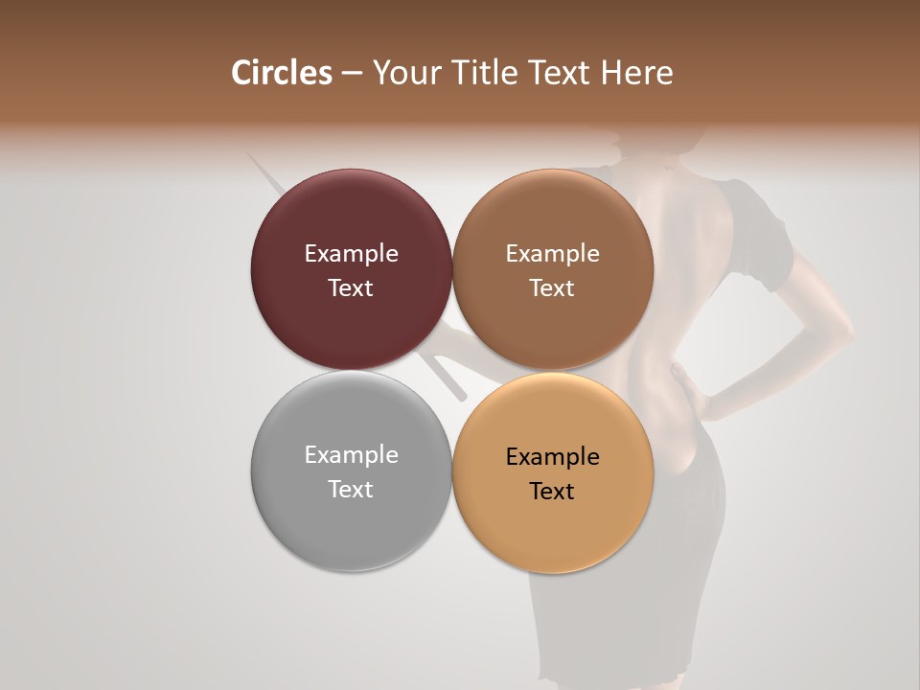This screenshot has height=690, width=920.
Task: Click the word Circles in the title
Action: pyautogui.click(x=282, y=73)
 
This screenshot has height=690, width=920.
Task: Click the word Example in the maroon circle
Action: pyautogui.click(x=351, y=253)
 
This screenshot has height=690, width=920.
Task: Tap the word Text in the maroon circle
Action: pyautogui.click(x=351, y=288)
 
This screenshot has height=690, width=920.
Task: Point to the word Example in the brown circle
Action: pyautogui.click(x=552, y=253)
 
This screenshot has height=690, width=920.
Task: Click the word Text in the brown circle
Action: pyautogui.click(x=552, y=288)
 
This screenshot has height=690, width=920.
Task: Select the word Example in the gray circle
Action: pyautogui.click(x=351, y=454)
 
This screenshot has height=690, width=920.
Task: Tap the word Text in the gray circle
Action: pyautogui.click(x=351, y=490)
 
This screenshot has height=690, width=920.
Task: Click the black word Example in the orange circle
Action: pyautogui.click(x=552, y=456)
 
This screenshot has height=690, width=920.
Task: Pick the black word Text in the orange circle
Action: pyautogui.click(x=552, y=492)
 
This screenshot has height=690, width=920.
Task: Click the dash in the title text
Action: pyautogui.click(x=352, y=74)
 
